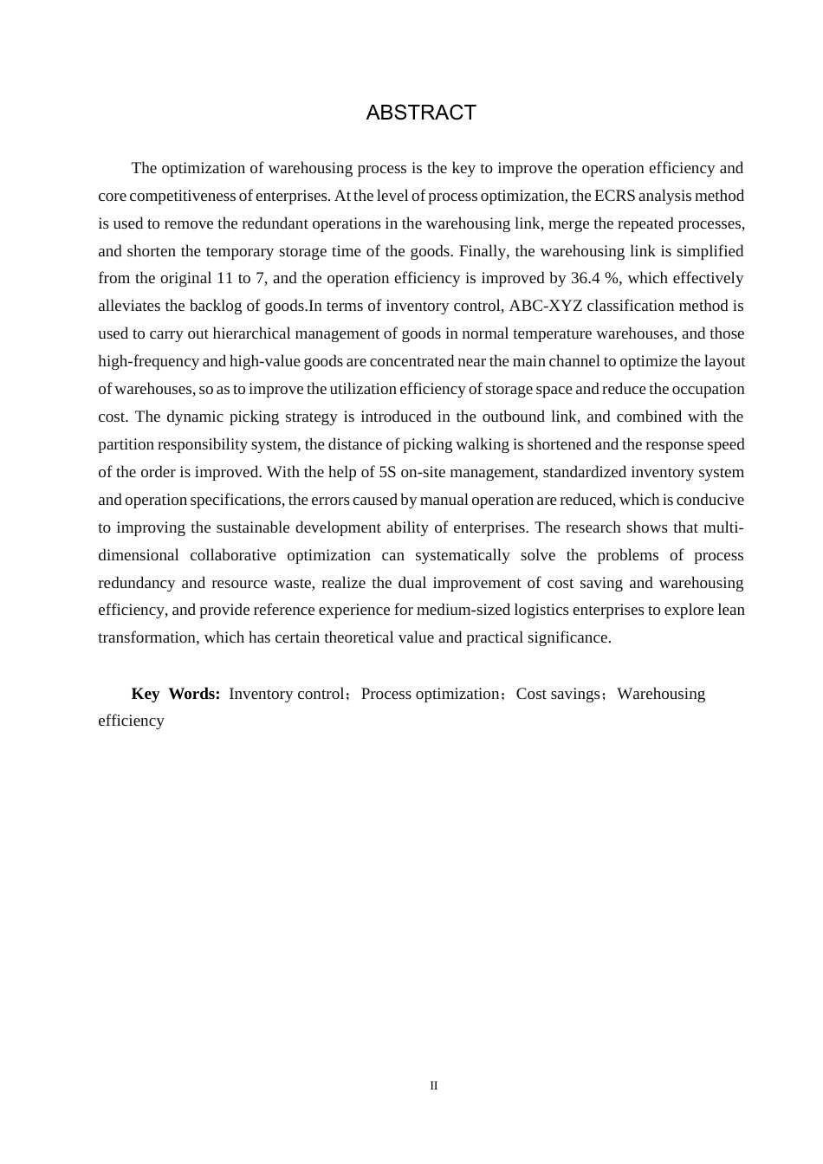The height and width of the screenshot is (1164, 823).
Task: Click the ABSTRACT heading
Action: [x=421, y=113]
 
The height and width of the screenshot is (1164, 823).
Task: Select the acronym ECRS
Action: [x=613, y=196]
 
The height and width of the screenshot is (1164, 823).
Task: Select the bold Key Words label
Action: [x=176, y=694]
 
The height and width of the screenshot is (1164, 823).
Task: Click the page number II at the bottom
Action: [x=434, y=1086]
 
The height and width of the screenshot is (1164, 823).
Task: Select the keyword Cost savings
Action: [x=558, y=694]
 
